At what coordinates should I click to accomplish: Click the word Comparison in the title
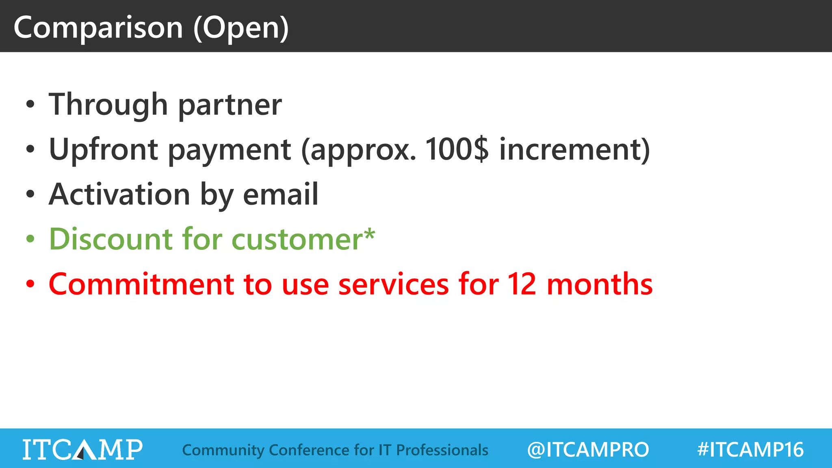coord(98,28)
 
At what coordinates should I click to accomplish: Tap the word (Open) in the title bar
coord(241,28)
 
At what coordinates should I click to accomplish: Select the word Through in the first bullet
coord(108,105)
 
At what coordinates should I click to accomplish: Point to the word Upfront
coord(103,149)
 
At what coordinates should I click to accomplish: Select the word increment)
coord(574,149)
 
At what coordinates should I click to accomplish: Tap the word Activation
coord(119,194)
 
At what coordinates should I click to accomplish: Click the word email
coord(280,194)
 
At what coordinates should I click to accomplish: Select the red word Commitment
coord(141,284)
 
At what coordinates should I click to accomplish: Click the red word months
coord(600,284)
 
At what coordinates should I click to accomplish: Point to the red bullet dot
coord(30,284)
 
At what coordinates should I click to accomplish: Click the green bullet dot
coord(30,239)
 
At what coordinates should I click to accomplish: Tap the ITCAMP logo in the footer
coord(82,449)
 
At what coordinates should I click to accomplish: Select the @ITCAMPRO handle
coord(588,450)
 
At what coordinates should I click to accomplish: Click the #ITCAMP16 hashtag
coord(750,450)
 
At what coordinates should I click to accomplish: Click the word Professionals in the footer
coord(442,450)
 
